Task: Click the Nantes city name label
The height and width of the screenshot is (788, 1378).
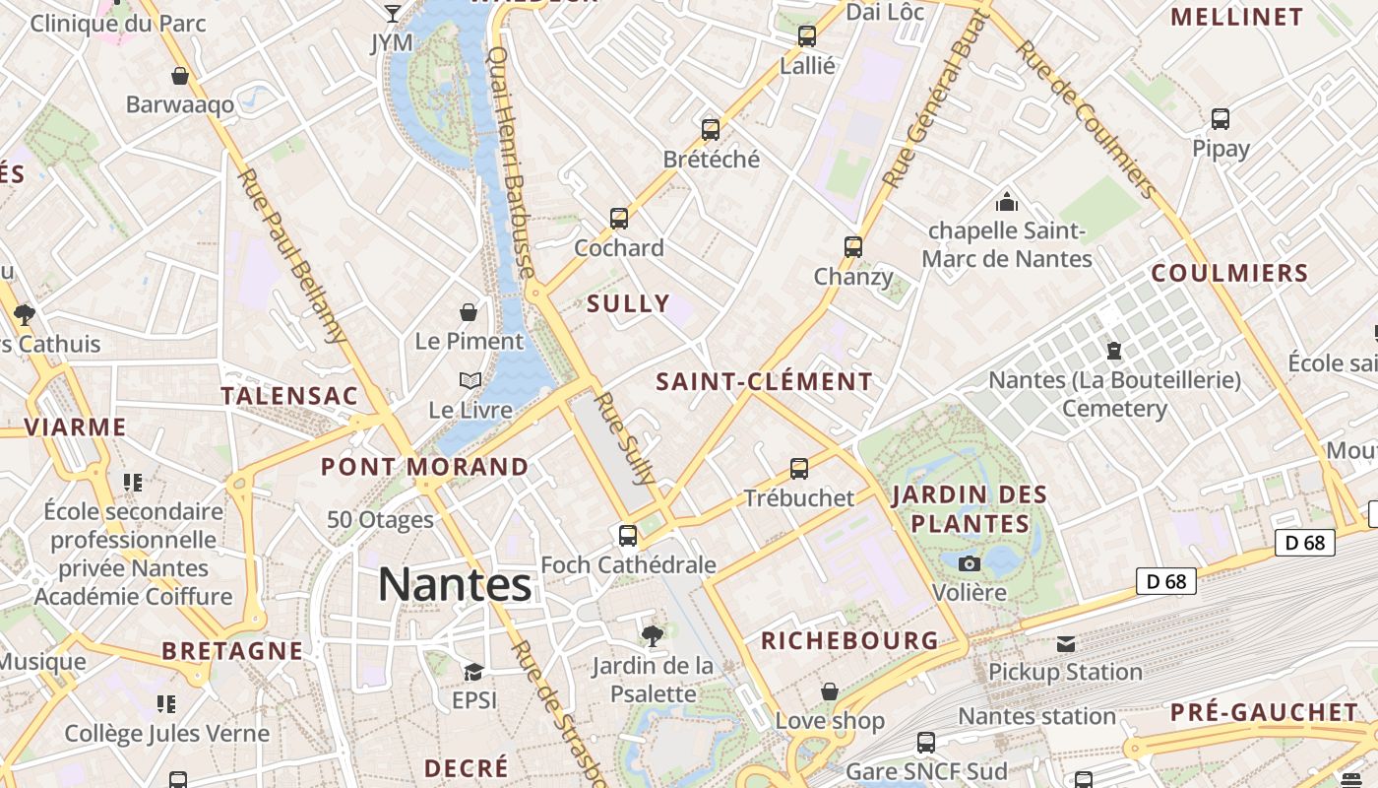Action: point(455,584)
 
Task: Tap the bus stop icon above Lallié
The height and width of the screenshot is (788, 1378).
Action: point(807,36)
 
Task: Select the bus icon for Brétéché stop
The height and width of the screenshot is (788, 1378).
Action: point(711,129)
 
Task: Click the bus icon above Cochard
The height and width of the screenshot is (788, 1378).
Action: point(619,218)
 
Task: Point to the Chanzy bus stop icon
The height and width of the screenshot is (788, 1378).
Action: point(853,246)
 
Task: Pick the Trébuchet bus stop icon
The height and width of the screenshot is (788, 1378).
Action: point(799,468)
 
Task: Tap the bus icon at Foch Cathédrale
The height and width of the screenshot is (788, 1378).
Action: point(628,535)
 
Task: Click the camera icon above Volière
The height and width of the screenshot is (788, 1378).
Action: point(970,563)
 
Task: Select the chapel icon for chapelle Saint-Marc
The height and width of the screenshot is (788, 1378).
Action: point(1007,202)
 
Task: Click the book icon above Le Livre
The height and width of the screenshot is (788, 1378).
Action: point(470,380)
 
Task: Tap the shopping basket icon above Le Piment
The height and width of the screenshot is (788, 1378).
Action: point(470,312)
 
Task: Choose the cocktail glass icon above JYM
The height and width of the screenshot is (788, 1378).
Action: point(393,13)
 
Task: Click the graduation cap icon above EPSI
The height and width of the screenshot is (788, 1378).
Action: point(473,672)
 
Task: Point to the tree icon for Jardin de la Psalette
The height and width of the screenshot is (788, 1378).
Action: point(652,635)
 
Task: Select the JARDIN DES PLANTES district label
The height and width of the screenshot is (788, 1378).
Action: point(970,508)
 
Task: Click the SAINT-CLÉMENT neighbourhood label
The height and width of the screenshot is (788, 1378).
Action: point(764,381)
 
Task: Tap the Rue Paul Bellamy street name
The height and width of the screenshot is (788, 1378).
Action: point(293,256)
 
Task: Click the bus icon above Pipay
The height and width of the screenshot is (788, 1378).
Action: point(1221,119)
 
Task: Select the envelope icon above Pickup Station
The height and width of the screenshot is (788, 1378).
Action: point(1066,643)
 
